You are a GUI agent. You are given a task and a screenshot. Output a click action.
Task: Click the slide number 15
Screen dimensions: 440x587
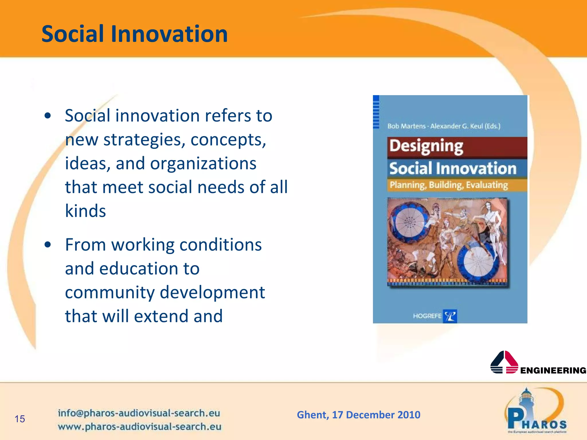pyautogui.click(x=20, y=419)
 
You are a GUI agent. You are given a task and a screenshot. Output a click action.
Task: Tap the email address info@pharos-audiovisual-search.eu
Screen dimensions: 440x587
pyautogui.click(x=139, y=413)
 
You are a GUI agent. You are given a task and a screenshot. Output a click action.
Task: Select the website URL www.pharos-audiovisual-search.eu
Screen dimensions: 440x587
pyautogui.click(x=140, y=427)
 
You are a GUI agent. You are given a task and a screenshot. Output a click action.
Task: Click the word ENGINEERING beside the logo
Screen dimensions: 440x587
pyautogui.click(x=553, y=370)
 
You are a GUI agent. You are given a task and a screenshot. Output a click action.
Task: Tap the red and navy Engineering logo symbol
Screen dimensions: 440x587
pyautogui.click(x=504, y=363)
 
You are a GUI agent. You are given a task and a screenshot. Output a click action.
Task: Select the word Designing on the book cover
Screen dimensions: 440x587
pyautogui.click(x=426, y=146)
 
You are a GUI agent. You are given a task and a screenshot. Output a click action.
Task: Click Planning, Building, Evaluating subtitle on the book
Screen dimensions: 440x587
pyautogui.click(x=449, y=185)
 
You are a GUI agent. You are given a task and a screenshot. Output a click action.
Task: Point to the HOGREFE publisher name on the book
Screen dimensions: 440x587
pyautogui.click(x=427, y=316)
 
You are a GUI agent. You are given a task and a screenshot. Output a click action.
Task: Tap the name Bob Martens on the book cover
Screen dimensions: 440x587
pyautogui.click(x=406, y=126)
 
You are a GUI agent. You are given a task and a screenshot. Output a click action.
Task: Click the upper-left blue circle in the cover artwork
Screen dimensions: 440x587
pyautogui.click(x=409, y=222)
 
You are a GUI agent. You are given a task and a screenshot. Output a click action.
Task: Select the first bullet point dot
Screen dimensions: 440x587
pyautogui.click(x=48, y=116)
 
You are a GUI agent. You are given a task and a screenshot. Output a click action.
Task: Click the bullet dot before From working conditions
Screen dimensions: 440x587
pyautogui.click(x=48, y=245)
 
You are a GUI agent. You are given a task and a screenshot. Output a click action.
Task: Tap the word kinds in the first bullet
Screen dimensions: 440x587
pyautogui.click(x=85, y=211)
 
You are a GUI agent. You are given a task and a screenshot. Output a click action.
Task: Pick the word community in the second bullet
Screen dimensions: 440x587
pyautogui.click(x=110, y=292)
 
